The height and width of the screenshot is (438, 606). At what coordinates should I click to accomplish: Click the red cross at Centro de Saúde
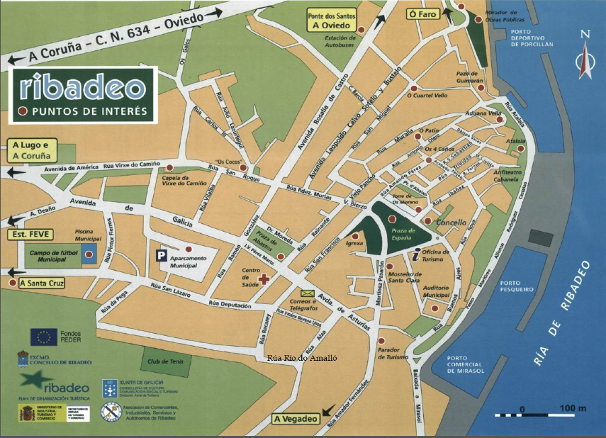[x=264, y=279]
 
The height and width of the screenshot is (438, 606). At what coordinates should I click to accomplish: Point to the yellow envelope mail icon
[x=307, y=293]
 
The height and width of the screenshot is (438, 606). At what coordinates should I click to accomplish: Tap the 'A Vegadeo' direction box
[x=295, y=419]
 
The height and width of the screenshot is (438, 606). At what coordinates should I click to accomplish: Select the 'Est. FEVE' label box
[x=26, y=234]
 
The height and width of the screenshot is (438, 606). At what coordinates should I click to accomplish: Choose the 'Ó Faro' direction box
[x=422, y=13]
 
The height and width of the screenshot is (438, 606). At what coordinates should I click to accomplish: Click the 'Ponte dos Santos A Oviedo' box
[x=332, y=20]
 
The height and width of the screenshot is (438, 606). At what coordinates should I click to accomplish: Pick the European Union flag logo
[x=43, y=337]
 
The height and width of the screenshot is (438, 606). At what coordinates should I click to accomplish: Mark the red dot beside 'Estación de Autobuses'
[x=361, y=30]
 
